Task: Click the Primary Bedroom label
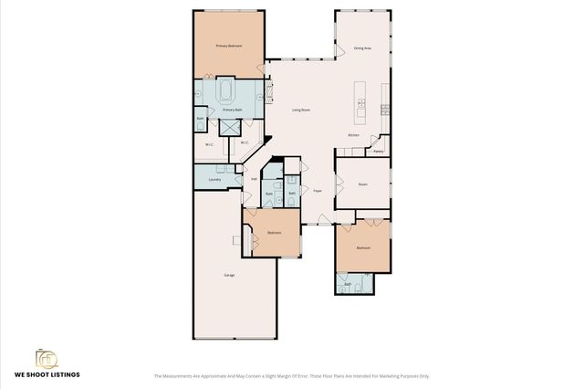228,46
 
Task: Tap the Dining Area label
362,47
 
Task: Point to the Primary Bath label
233,110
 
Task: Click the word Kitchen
353,136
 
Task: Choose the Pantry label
378,152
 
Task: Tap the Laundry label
214,180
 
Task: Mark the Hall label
254,179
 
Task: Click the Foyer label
318,191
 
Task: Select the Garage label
230,275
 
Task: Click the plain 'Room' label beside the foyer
362,184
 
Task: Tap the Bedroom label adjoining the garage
274,233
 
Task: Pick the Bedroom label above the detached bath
363,248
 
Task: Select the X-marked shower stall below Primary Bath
229,129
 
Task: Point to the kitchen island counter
361,101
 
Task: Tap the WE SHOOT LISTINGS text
47,374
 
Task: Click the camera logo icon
47,357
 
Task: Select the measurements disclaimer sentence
291,376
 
